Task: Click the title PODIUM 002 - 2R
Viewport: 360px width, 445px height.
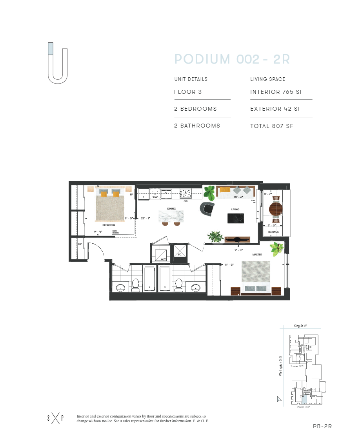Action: [232, 59]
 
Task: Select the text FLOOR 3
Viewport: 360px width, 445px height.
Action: [191, 92]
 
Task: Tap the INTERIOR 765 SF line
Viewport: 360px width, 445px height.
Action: [276, 92]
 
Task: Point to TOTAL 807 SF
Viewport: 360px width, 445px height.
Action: [271, 126]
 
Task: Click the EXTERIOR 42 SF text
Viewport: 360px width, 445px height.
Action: [276, 109]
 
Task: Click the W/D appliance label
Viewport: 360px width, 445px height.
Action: [164, 259]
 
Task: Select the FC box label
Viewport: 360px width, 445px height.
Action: [180, 254]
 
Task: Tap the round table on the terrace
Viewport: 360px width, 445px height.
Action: [276, 209]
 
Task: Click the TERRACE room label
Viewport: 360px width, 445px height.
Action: [273, 232]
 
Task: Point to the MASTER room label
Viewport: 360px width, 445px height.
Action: [257, 255]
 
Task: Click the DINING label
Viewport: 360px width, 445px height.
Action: [171, 209]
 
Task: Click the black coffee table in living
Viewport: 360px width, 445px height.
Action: [236, 218]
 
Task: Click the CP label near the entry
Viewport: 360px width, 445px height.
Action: [80, 244]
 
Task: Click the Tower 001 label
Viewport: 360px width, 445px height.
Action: [297, 366]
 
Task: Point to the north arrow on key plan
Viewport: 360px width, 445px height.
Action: [279, 399]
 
